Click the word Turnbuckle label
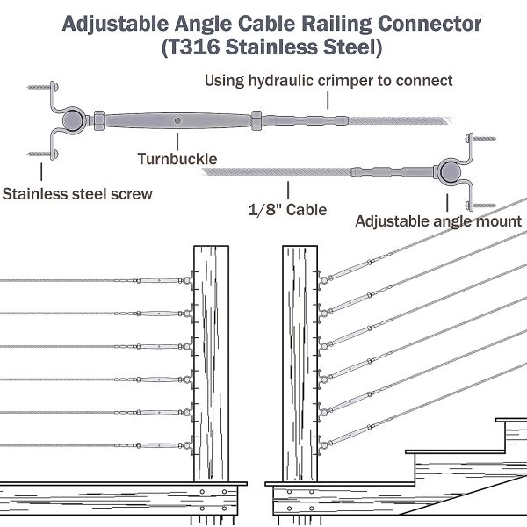coord(177,159)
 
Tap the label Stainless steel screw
coord(77,193)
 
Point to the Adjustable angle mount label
coord(438,220)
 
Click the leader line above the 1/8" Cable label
coord(290,191)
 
